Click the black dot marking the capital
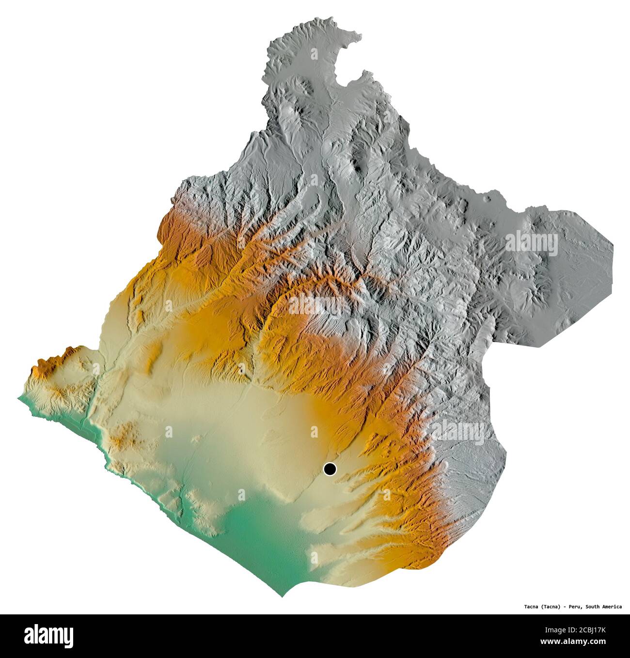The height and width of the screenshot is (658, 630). click(330, 469)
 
